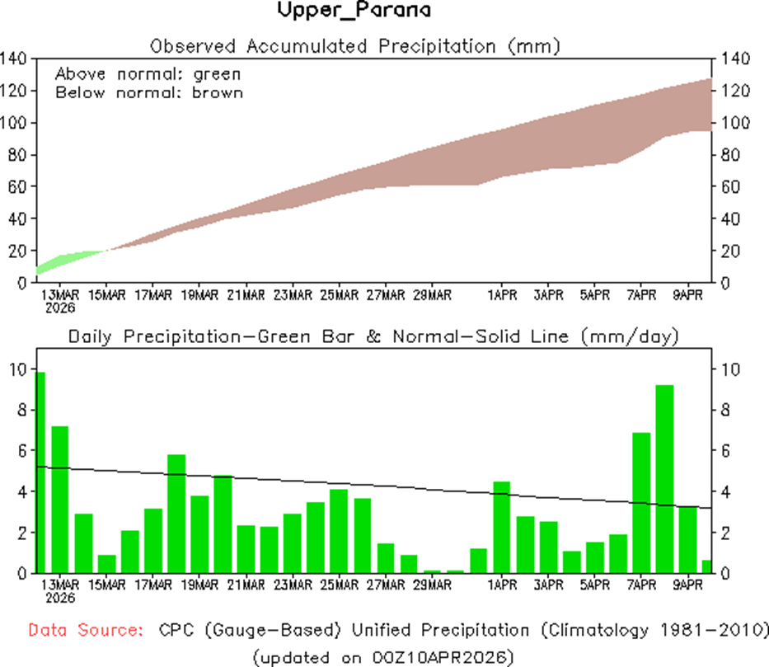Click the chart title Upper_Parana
[x=353, y=11]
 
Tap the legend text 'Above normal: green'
[x=148, y=73]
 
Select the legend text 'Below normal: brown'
[x=149, y=92]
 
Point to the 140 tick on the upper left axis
[x=15, y=59]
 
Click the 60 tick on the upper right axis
[x=734, y=186]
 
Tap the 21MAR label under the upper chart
[x=246, y=294]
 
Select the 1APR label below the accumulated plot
[x=501, y=294]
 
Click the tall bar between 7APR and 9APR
[x=664, y=478]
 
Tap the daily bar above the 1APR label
[x=501, y=527]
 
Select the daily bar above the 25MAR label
[x=339, y=531]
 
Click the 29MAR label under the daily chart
[x=432, y=585]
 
